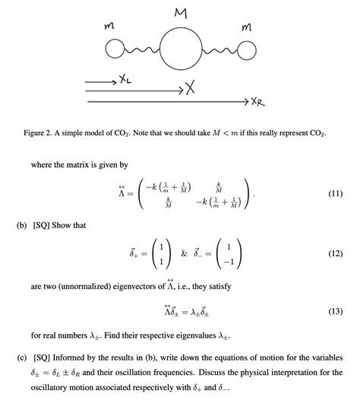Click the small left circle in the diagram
tap(115, 49)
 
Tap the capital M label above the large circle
tap(180, 13)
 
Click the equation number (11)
tap(335, 194)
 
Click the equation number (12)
tap(335, 255)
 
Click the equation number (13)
tap(335, 311)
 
